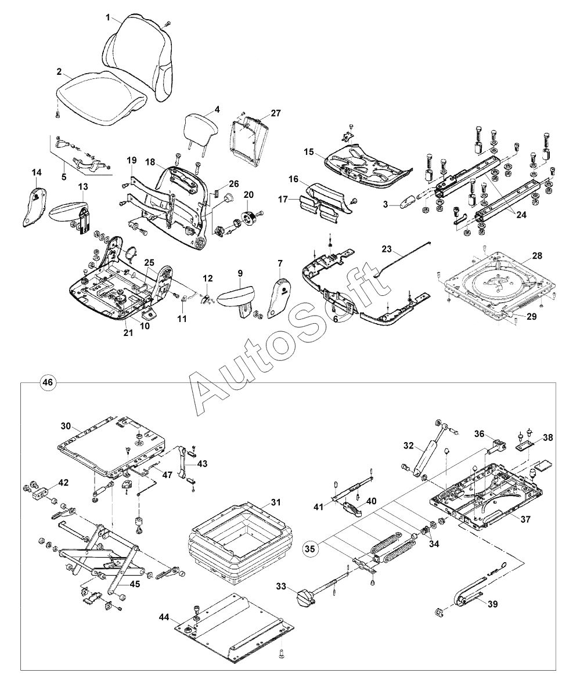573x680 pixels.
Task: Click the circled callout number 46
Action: (47, 382)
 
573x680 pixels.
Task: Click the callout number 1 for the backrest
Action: (108, 17)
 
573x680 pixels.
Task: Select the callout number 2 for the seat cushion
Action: (59, 72)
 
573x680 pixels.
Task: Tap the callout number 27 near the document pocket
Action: (275, 113)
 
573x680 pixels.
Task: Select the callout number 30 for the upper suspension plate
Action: (65, 425)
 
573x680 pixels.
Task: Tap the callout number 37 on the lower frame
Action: (524, 519)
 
